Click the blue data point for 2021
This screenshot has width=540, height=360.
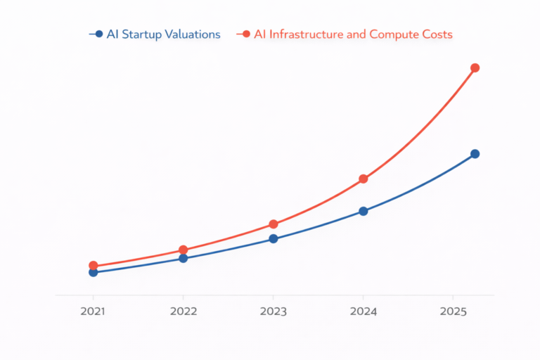point(93,272)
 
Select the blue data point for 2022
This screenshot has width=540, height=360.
point(183,258)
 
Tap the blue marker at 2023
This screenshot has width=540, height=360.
point(274,239)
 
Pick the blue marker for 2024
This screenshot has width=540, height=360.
point(363,211)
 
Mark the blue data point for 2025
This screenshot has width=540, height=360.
point(475,154)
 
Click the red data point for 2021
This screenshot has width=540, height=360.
point(93,266)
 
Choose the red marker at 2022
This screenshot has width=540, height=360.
point(183,250)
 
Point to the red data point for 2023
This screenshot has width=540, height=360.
point(274,224)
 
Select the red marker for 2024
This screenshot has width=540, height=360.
point(363,179)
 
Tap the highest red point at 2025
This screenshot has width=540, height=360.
point(475,68)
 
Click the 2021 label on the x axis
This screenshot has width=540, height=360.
point(93,311)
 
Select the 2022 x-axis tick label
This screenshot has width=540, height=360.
point(183,311)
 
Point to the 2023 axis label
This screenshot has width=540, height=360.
point(274,311)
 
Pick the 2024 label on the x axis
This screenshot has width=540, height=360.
point(363,311)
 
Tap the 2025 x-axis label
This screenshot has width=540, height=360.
point(454,311)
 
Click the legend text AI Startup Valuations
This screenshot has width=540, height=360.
point(163,34)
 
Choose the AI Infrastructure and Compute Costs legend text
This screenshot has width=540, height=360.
point(353,34)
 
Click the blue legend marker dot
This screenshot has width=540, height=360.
point(98,34)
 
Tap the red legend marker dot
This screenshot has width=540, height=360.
point(246,34)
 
